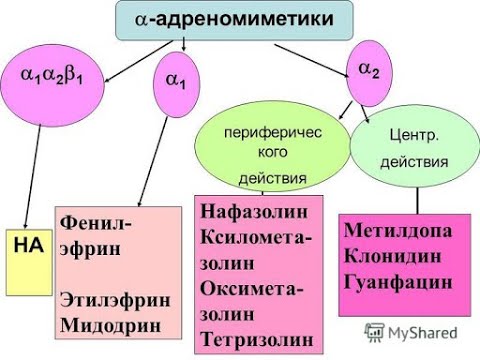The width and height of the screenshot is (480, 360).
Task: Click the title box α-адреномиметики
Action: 236,19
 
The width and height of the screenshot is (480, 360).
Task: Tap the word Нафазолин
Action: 255,212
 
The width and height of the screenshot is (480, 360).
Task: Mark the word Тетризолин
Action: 257,338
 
